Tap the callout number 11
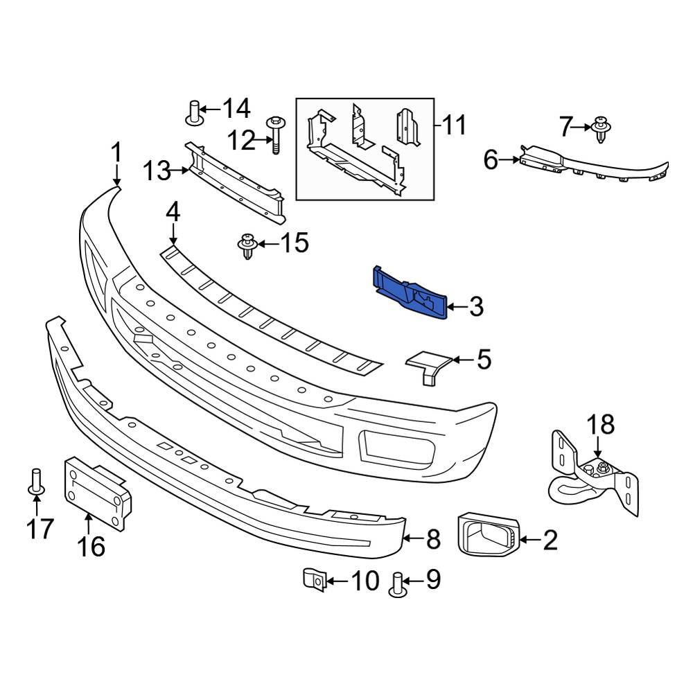455,125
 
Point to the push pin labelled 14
195,112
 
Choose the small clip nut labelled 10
313,579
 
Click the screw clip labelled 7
601,130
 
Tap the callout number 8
433,538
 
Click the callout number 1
116,152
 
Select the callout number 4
173,212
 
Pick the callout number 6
491,160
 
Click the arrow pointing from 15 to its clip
268,243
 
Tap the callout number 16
91,546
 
